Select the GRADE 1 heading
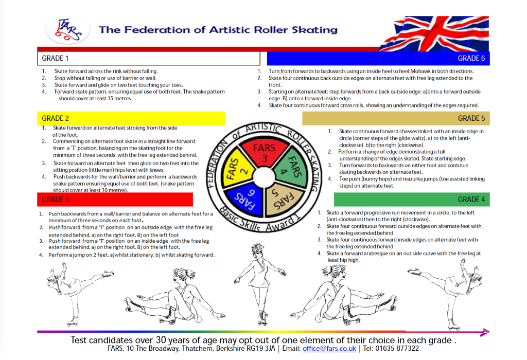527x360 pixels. click(56, 59)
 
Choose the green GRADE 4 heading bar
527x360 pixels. click(412, 199)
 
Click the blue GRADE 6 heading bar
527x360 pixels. click(378, 58)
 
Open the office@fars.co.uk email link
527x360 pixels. click(329, 349)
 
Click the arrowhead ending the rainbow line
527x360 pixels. click(485, 332)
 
